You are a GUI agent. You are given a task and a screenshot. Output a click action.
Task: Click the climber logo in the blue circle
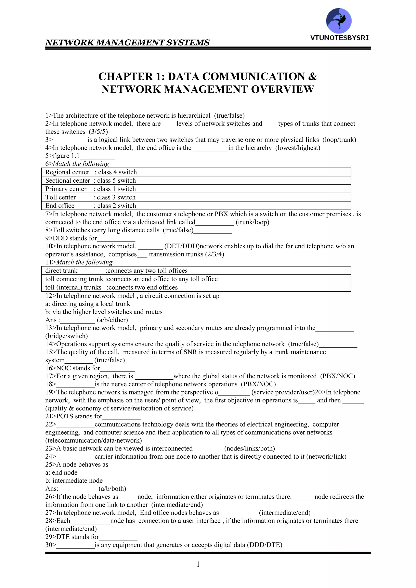coord(339,21)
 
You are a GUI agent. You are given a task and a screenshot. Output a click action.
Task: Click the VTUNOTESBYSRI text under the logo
coord(339,38)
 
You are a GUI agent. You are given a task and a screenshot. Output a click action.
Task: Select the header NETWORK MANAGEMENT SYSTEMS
coord(127,42)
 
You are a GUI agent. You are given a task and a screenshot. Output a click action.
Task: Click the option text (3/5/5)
coord(98,132)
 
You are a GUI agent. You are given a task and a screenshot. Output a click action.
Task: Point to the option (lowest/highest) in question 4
coord(298,148)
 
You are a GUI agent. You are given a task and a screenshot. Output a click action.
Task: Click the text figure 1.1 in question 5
coord(66,156)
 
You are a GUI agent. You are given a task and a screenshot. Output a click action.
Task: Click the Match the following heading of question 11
coord(84,262)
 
